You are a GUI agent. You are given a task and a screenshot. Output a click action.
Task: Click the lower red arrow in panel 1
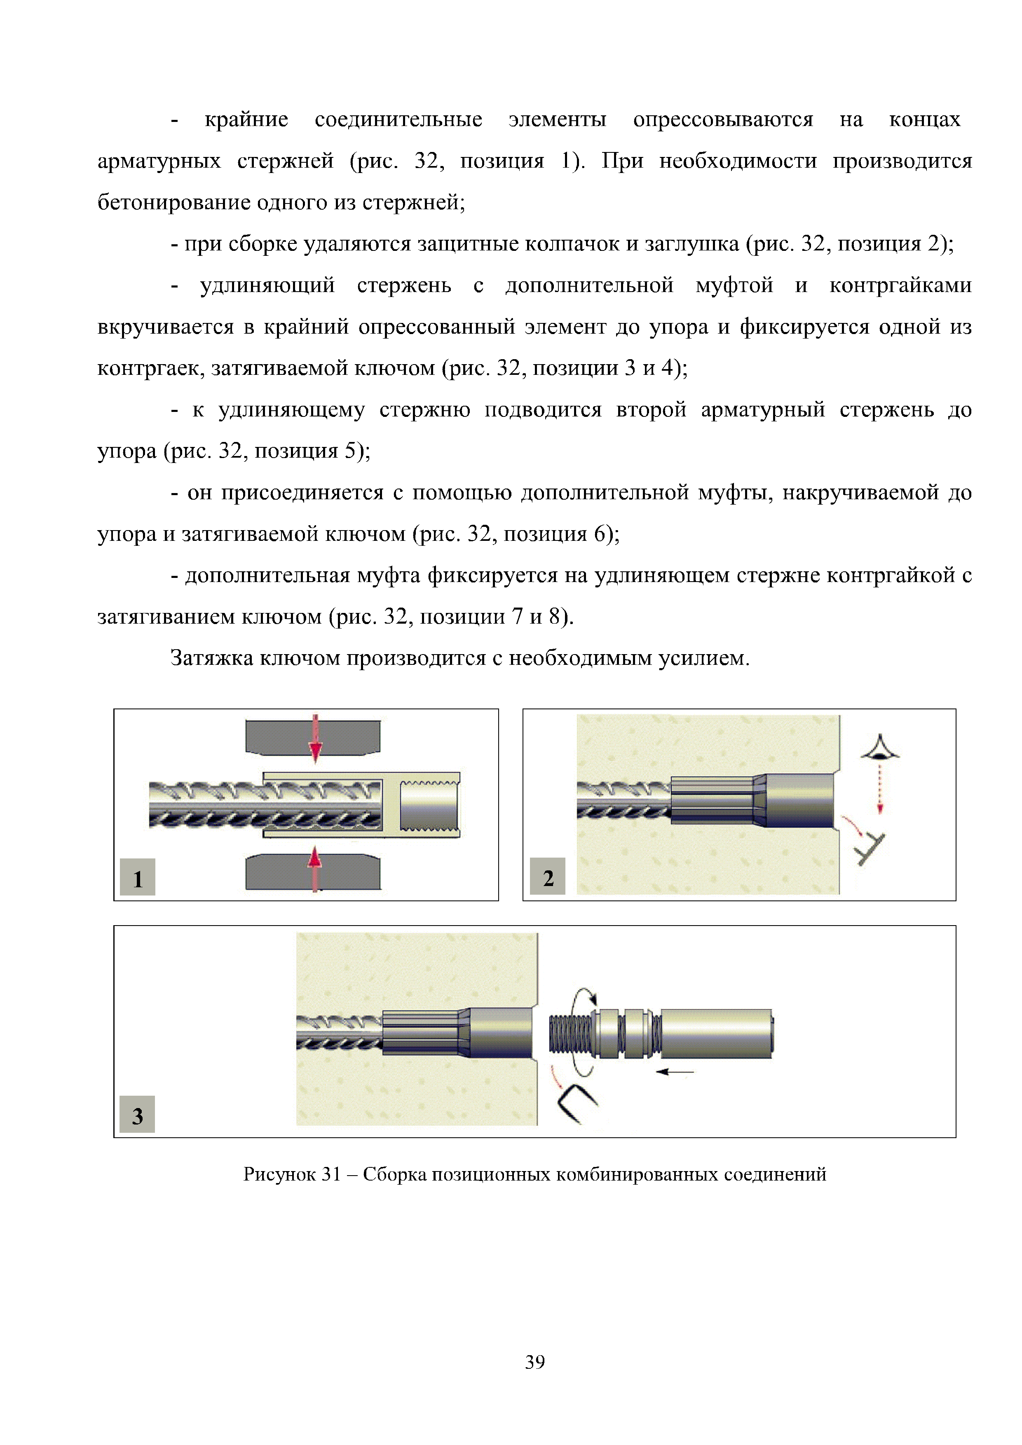(x=314, y=868)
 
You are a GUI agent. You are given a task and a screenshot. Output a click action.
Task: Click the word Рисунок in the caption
(x=279, y=1174)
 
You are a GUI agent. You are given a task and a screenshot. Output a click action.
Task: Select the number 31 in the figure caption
(x=331, y=1174)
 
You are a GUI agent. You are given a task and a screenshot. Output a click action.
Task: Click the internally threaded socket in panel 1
(x=429, y=805)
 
